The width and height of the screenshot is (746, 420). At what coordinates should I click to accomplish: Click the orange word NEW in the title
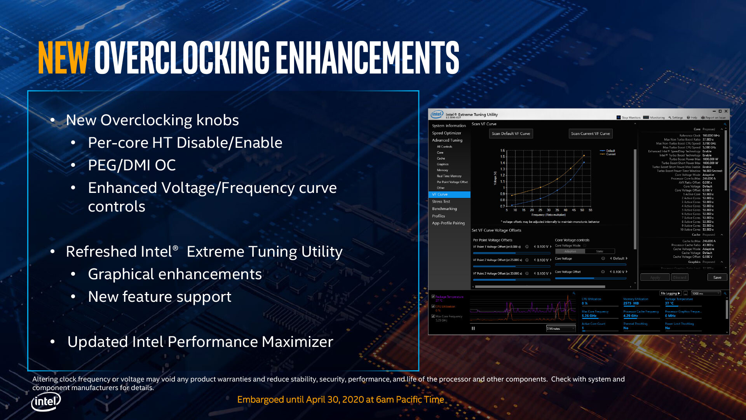pyautogui.click(x=63, y=58)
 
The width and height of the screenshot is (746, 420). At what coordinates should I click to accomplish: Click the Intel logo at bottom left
pyautogui.click(x=46, y=401)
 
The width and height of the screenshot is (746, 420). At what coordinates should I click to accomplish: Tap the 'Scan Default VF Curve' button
pyautogui.click(x=511, y=134)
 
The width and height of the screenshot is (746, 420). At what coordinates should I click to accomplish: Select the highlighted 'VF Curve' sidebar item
pyautogui.click(x=440, y=194)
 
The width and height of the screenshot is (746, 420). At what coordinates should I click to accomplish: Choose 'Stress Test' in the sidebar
pyautogui.click(x=441, y=201)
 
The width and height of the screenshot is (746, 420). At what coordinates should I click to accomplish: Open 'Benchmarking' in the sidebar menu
pyautogui.click(x=444, y=209)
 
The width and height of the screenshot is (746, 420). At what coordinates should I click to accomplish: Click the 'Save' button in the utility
pyautogui.click(x=717, y=278)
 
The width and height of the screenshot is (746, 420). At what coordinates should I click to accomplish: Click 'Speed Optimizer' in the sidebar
pyautogui.click(x=446, y=133)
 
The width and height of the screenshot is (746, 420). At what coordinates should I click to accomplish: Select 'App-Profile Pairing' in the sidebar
pyautogui.click(x=448, y=223)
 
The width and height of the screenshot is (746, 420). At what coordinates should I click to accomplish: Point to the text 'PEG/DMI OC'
pyautogui.click(x=132, y=165)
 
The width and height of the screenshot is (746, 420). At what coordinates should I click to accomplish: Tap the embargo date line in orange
pyautogui.click(x=340, y=400)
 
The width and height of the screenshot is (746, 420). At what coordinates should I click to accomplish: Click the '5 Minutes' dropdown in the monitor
pyautogui.click(x=561, y=329)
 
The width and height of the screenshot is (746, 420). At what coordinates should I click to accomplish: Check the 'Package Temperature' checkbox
pyautogui.click(x=433, y=297)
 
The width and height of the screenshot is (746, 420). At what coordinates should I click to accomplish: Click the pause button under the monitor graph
pyautogui.click(x=473, y=328)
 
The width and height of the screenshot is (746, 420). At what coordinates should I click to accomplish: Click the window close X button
pyautogui.click(x=726, y=111)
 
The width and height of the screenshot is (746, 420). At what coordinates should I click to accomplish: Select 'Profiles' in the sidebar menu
pyautogui.click(x=438, y=216)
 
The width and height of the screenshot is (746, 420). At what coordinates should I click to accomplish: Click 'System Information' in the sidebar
pyautogui.click(x=449, y=126)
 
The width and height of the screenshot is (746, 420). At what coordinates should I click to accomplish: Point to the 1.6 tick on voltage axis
pyautogui.click(x=503, y=150)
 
